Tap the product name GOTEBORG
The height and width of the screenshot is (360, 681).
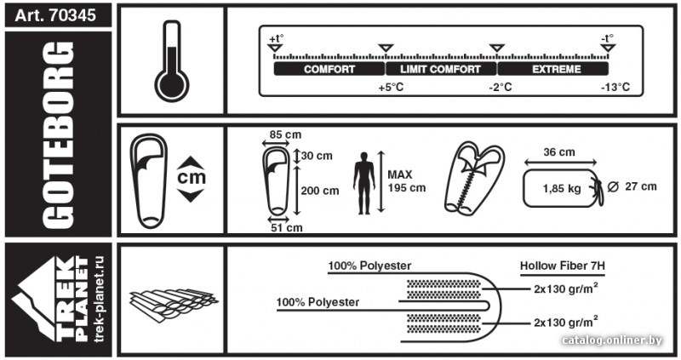[x=59, y=135]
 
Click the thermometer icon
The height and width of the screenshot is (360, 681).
[x=172, y=60]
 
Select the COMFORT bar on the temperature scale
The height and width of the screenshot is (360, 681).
[x=329, y=69]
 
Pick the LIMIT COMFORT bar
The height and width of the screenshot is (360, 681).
[x=440, y=69]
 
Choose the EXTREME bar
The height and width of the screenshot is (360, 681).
[x=552, y=69]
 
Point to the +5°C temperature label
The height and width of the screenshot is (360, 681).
[x=391, y=88]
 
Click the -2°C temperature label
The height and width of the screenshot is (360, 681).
[x=501, y=88]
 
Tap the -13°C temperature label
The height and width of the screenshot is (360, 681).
[x=615, y=88]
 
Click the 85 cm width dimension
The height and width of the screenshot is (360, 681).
[x=285, y=134]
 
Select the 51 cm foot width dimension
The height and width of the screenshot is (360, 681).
[x=287, y=227]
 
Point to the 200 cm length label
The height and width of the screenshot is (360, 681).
[x=320, y=191]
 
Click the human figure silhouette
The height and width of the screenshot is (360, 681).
[x=364, y=183]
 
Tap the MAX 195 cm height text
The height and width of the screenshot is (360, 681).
[x=407, y=181]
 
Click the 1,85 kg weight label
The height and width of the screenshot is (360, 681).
[x=562, y=188]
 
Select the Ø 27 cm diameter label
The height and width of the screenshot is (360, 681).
[x=632, y=186]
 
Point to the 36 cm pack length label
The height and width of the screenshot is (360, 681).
[x=559, y=152]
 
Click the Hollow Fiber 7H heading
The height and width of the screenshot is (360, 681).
[x=563, y=266]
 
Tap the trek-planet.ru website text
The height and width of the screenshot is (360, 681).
[x=99, y=300]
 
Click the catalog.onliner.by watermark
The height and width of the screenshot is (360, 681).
[x=612, y=340]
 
